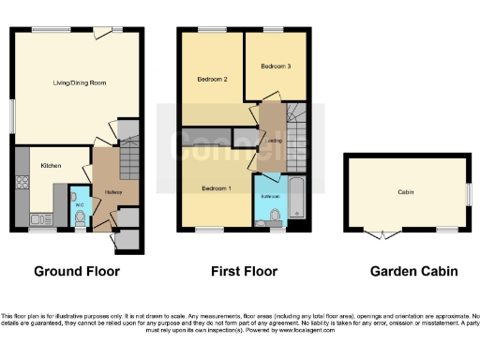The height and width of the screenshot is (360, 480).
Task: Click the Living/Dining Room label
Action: tap(79, 83)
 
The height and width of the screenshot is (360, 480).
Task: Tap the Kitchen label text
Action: tap(51, 166)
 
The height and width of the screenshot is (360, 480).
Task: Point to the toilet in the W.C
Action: tap(80, 218)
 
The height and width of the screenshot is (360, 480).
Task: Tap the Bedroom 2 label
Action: tap(213, 79)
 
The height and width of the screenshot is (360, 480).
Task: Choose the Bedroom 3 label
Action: tap(276, 67)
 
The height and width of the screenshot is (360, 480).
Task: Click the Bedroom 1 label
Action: tap(217, 188)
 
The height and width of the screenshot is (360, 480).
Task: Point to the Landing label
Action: tap(274, 142)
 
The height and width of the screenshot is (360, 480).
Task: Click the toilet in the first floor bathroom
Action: tap(275, 217)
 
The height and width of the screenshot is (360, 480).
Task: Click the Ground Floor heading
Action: tap(77, 273)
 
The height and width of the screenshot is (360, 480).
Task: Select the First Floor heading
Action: tap(241, 273)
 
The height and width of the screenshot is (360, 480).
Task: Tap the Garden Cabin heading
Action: tap(413, 273)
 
